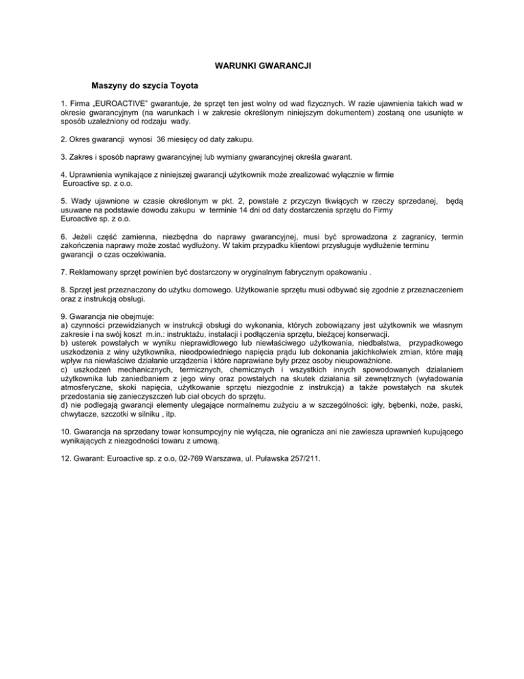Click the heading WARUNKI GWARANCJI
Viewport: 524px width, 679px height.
[x=263, y=66]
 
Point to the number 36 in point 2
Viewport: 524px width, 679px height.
[x=162, y=139]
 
